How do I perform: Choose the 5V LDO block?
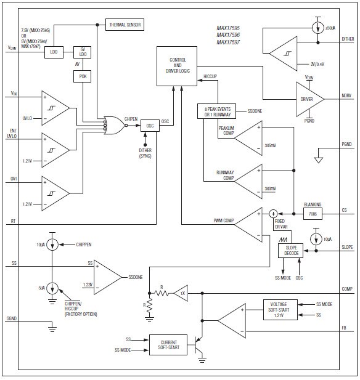83,52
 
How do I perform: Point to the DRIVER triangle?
306,99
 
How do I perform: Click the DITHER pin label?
342,39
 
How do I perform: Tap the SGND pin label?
12,318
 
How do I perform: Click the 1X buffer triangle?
181,294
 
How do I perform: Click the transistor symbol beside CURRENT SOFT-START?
201,343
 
